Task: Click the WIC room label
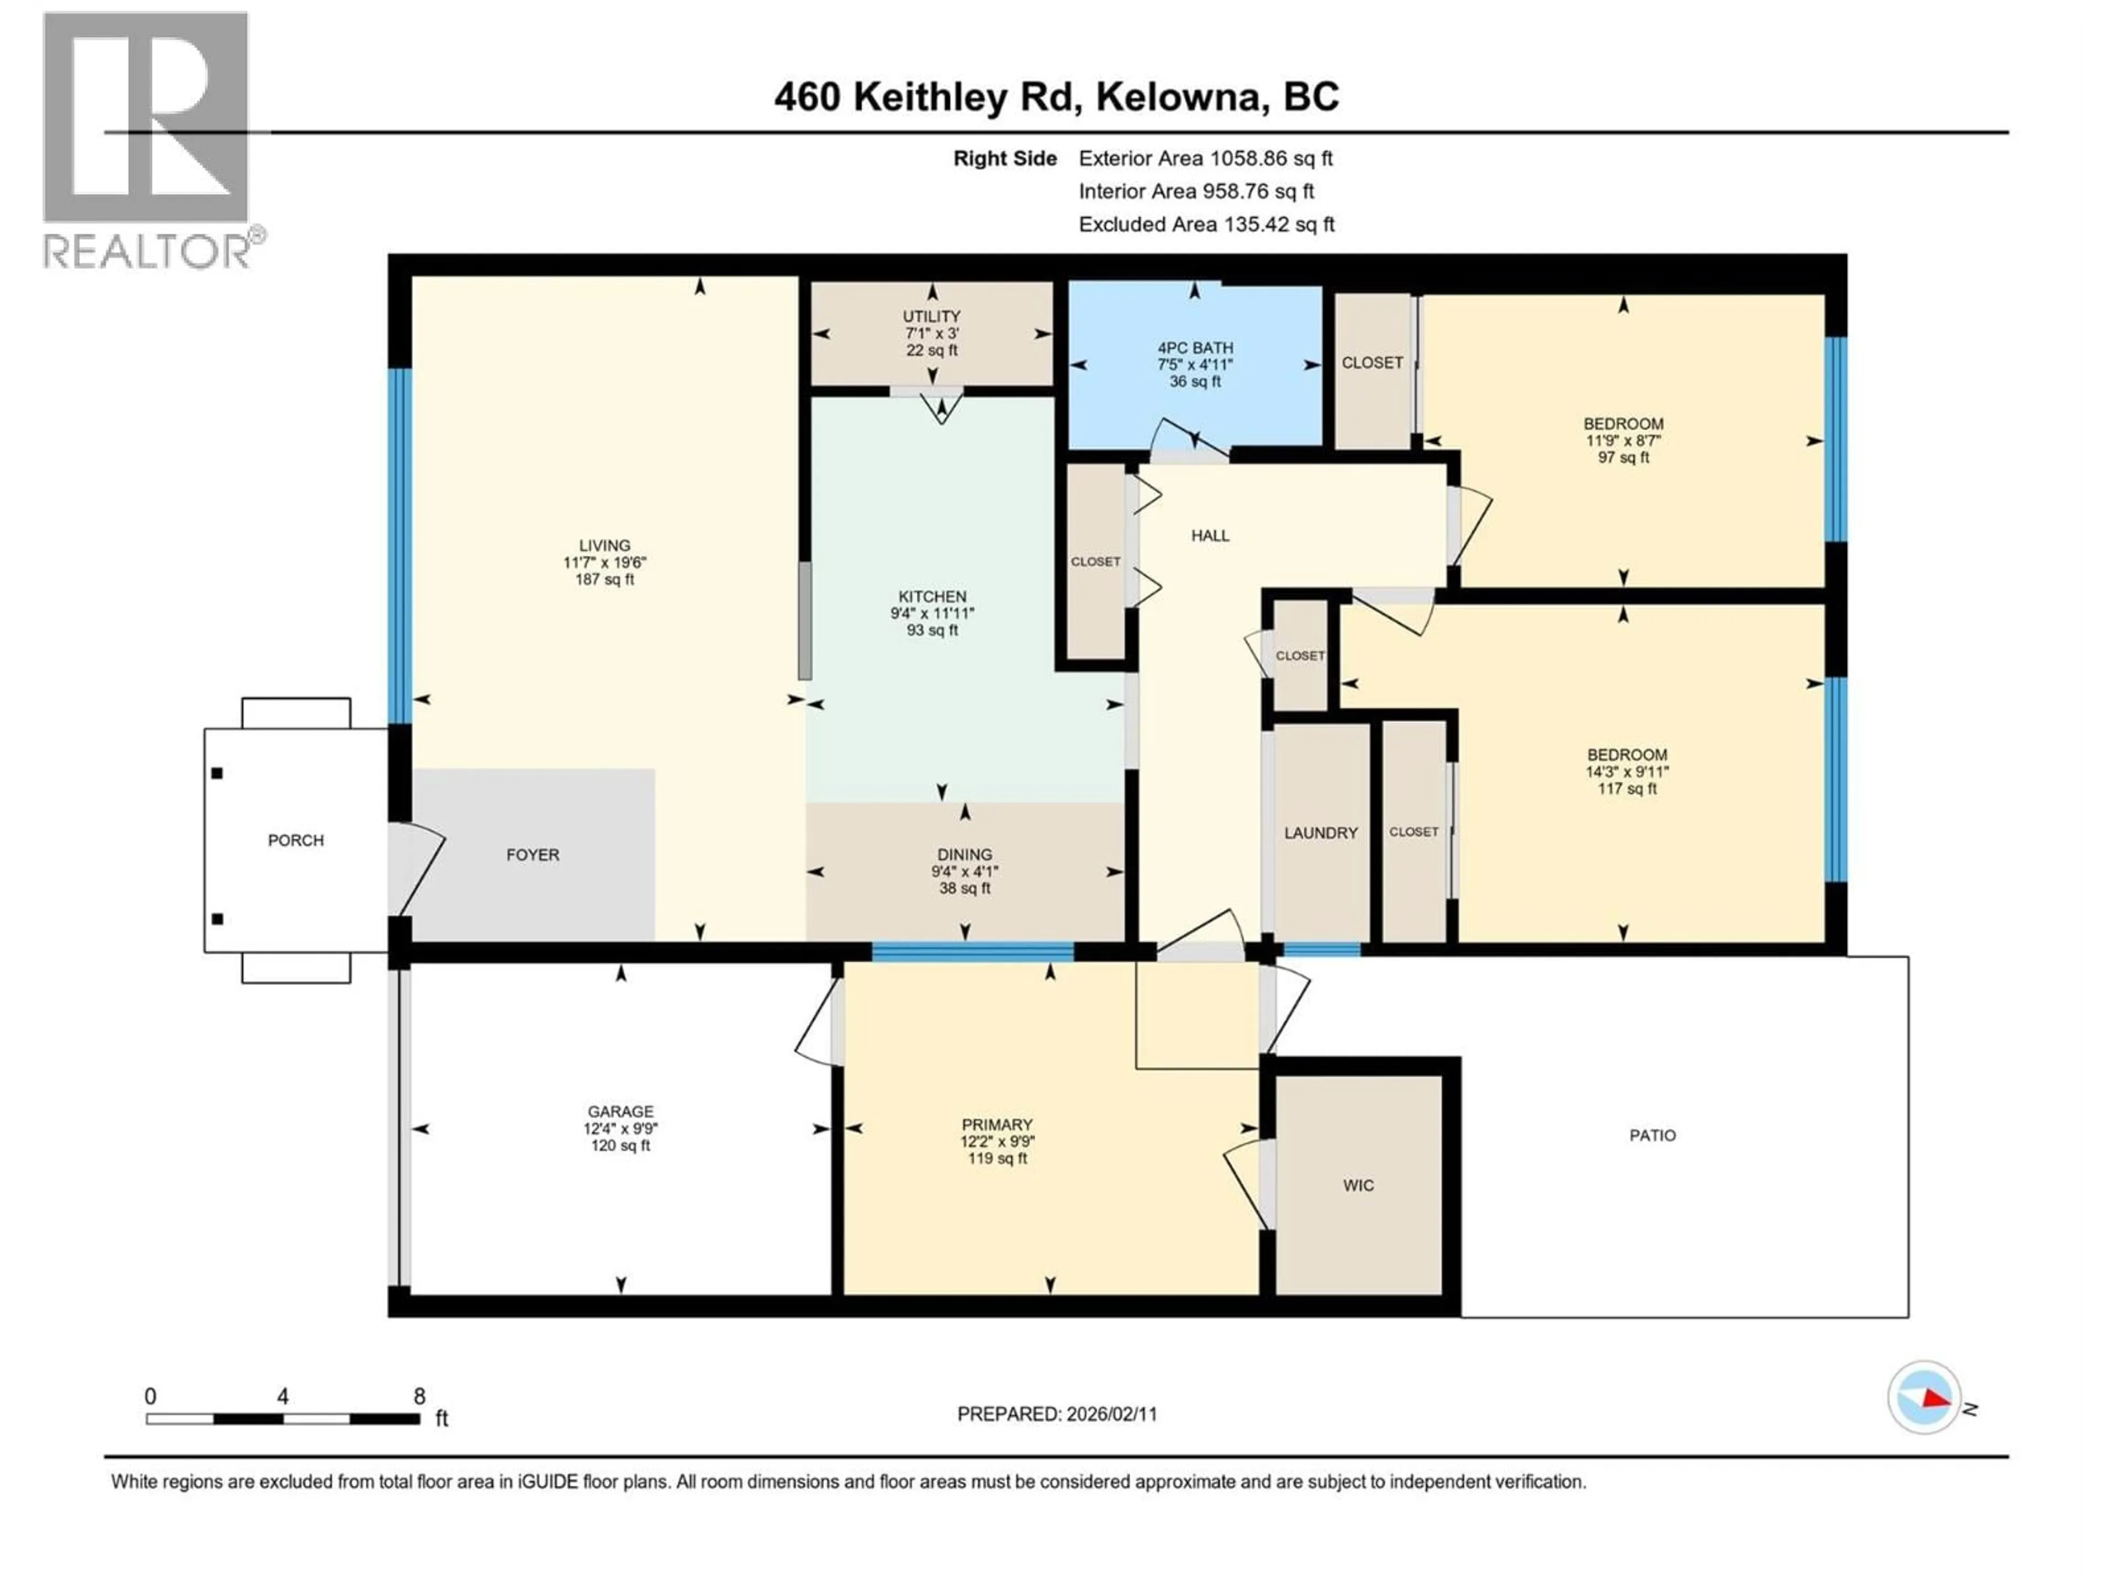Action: coord(1358,1185)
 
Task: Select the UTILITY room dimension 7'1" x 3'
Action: coord(932,334)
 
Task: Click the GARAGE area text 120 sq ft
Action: coord(620,1145)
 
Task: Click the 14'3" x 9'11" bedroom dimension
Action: coord(1627,772)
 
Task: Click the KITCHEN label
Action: coord(932,596)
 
